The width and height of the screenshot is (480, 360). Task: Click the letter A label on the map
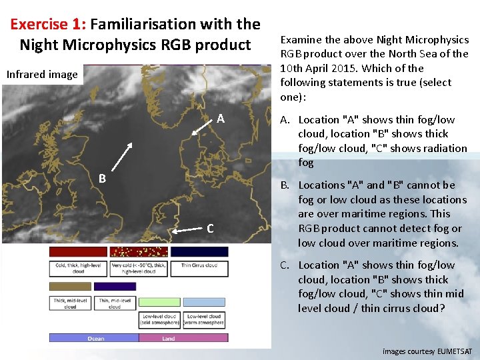tap(221, 119)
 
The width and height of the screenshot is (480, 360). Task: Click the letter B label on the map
tap(102, 179)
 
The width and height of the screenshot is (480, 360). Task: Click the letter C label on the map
tap(210, 229)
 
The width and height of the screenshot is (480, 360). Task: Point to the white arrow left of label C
tap(187, 228)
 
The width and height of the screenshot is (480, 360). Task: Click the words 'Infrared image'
tap(42, 74)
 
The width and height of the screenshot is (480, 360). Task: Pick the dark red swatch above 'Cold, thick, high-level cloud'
tap(78, 252)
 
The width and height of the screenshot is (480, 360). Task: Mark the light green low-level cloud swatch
tap(159, 301)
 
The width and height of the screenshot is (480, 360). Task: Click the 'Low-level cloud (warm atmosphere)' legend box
tap(204, 320)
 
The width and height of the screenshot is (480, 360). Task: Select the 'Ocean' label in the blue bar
tap(95, 339)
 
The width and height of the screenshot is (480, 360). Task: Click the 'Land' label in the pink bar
tap(169, 339)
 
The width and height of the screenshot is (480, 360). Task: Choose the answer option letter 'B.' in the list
tap(285, 185)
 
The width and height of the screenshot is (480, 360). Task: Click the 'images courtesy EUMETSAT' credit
tap(427, 351)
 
